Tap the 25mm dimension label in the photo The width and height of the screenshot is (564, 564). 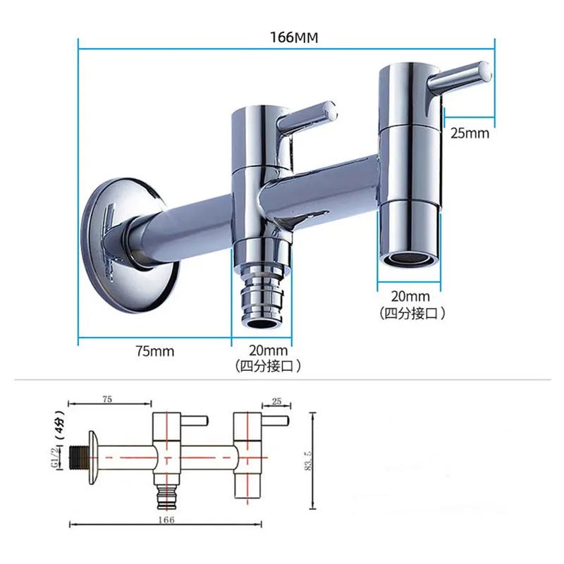coord(469,132)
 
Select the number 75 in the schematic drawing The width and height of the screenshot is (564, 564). coord(107,399)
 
